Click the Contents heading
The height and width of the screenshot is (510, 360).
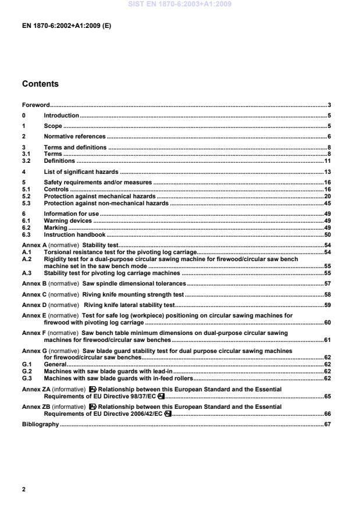pyautogui.click(x=40, y=84)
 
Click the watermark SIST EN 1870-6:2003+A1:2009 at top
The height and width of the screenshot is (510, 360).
pyautogui.click(x=180, y=4)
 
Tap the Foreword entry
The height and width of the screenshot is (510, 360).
pyautogui.click(x=35, y=105)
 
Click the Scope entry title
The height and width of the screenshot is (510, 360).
pyautogui.click(x=53, y=126)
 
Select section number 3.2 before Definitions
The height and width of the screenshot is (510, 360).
pyautogui.click(x=26, y=161)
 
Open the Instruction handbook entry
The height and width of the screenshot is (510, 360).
pyautogui.click(x=74, y=234)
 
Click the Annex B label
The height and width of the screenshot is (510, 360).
pyautogui.click(x=35, y=284)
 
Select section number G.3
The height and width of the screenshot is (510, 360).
pyautogui.click(x=26, y=378)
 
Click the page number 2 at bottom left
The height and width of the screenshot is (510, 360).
pyautogui.click(x=24, y=490)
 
